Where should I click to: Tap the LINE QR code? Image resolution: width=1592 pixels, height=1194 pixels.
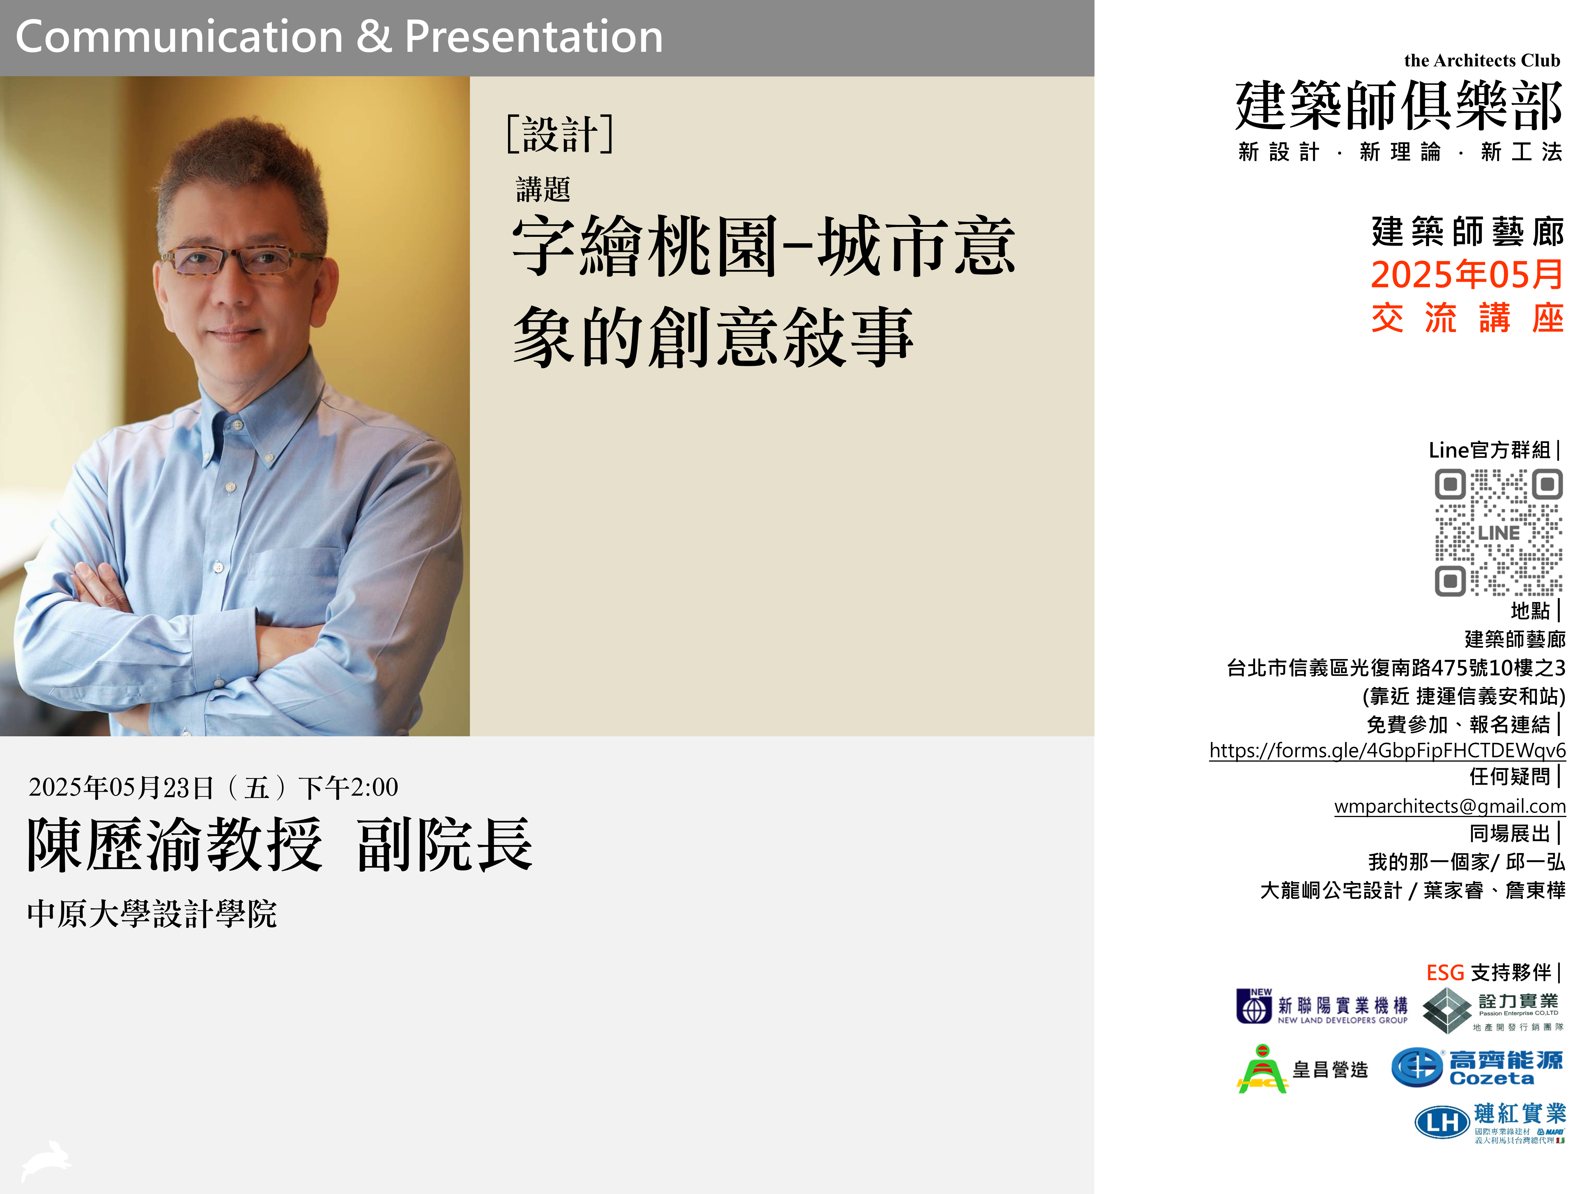click(1498, 532)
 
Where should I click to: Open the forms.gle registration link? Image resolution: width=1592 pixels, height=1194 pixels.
click(1387, 751)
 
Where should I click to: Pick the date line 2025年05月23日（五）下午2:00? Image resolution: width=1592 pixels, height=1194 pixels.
click(213, 787)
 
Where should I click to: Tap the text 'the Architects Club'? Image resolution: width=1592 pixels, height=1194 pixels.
click(1482, 61)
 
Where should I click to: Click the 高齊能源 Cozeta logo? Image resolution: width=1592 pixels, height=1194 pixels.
click(1477, 1067)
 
